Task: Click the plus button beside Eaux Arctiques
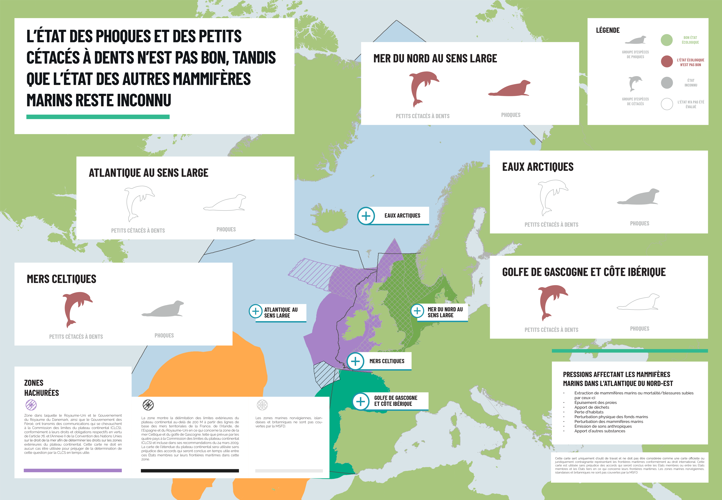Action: tap(366, 216)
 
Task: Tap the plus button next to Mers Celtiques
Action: tap(355, 361)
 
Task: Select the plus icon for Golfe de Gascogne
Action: tap(361, 401)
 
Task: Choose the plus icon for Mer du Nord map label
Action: tap(417, 311)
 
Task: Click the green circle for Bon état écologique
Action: tap(667, 40)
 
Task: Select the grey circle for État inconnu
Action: tap(667, 83)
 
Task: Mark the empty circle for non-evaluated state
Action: tap(667, 104)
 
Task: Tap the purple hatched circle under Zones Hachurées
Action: tap(31, 405)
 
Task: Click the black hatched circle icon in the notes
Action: tap(148, 405)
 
